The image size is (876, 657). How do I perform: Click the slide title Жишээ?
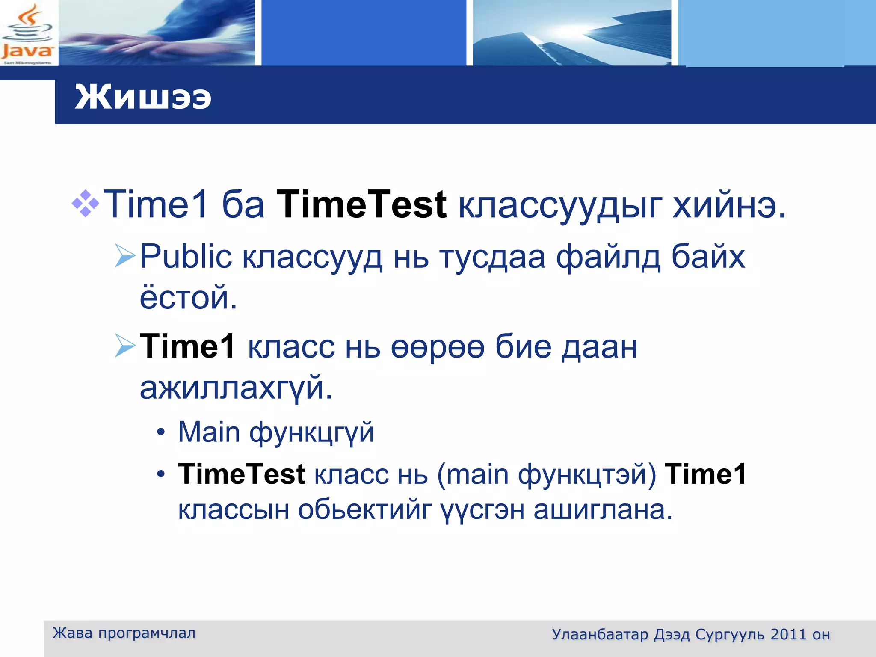(x=143, y=97)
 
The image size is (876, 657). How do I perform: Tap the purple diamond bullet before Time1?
(x=86, y=204)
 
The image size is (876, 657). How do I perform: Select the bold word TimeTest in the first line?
(x=361, y=204)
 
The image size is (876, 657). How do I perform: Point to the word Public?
(x=186, y=257)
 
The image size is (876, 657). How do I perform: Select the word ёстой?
(x=188, y=297)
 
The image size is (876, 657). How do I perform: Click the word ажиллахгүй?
(x=236, y=388)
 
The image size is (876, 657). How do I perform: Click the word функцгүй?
(x=311, y=433)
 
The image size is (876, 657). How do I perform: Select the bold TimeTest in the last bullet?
(x=242, y=474)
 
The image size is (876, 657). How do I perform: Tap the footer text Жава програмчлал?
(x=124, y=633)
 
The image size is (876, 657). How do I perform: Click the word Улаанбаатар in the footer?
(x=600, y=634)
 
